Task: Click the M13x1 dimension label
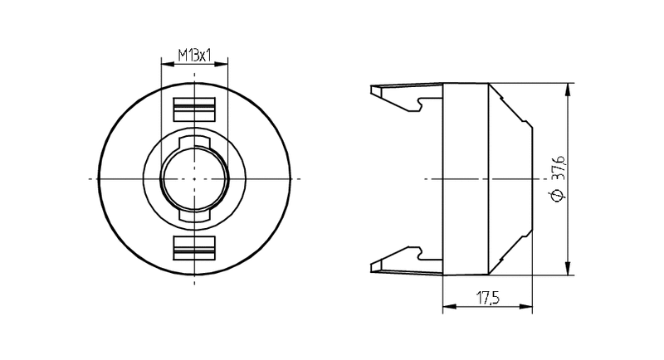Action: click(x=194, y=55)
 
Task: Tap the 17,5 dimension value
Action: click(x=488, y=299)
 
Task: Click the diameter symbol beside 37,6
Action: click(x=559, y=195)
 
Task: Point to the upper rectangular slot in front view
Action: click(x=194, y=109)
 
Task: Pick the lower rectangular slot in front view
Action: click(x=194, y=248)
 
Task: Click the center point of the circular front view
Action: click(x=194, y=179)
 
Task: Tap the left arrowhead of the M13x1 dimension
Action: click(x=168, y=64)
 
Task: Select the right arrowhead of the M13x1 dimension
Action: click(x=222, y=64)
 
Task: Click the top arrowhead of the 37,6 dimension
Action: click(x=569, y=90)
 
